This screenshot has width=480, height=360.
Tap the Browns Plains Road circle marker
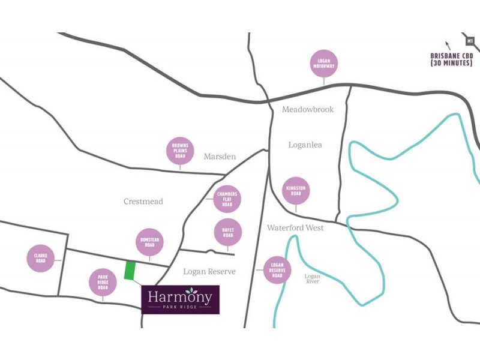pos(180,151)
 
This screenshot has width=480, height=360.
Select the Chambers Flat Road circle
pos(227,199)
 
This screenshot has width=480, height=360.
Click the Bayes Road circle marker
pos(227,232)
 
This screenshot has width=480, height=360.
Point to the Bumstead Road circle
pos(149,242)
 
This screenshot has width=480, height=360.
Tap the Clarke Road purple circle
pos(40,259)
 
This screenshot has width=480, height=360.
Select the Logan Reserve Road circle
pos(277,271)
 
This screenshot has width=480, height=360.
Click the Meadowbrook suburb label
pos(308,110)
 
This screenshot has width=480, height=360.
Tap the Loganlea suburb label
pos(306,145)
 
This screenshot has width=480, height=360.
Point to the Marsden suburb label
pos(220,157)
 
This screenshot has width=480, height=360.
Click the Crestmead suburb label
pos(143,202)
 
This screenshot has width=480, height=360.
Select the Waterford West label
pos(295,228)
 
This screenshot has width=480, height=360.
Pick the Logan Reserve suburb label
pos(209,272)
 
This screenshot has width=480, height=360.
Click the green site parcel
pos(130,271)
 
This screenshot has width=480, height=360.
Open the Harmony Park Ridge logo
pos(180,299)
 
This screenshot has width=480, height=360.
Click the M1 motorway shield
pos(470,40)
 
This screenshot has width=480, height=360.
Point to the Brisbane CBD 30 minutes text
pos(452,59)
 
